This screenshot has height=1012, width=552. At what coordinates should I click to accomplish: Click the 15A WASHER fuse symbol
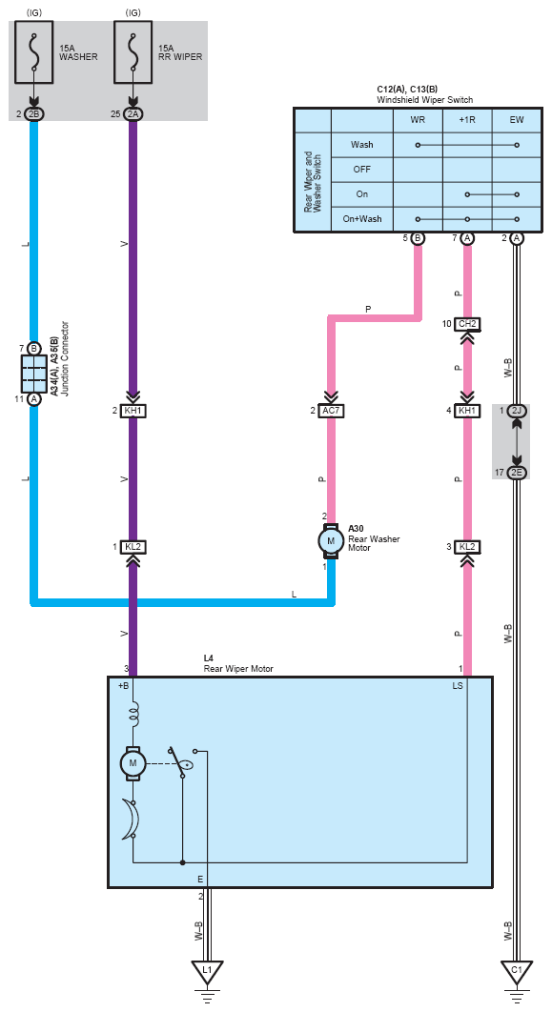[34, 51]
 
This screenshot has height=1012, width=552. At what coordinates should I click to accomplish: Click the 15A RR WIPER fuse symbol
[133, 51]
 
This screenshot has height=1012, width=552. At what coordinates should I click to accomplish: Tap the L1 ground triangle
[207, 971]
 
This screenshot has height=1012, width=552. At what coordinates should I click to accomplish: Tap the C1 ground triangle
[516, 971]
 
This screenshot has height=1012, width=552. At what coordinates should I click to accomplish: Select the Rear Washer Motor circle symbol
[331, 541]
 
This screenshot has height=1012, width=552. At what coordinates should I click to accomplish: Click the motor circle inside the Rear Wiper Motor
[133, 763]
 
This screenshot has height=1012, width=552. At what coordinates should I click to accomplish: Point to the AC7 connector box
[331, 411]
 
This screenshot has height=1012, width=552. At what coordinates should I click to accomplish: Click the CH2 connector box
[467, 323]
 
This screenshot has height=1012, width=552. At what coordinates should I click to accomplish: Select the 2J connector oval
[516, 411]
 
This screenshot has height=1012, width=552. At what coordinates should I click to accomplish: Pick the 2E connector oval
[516, 473]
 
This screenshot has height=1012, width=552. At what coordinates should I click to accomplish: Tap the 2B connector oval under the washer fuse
[34, 114]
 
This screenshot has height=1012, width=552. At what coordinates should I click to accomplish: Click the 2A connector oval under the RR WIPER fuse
[133, 114]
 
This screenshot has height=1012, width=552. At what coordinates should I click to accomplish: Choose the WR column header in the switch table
[417, 120]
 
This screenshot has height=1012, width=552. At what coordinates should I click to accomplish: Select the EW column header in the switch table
[517, 120]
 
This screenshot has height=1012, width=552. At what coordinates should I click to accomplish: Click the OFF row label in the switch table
[361, 169]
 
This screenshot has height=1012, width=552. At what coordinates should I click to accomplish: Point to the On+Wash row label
[361, 219]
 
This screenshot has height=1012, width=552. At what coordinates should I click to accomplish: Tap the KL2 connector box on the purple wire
[133, 547]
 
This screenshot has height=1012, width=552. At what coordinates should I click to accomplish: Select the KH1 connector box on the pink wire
[467, 411]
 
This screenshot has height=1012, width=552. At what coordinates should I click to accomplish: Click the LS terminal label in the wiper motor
[457, 686]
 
